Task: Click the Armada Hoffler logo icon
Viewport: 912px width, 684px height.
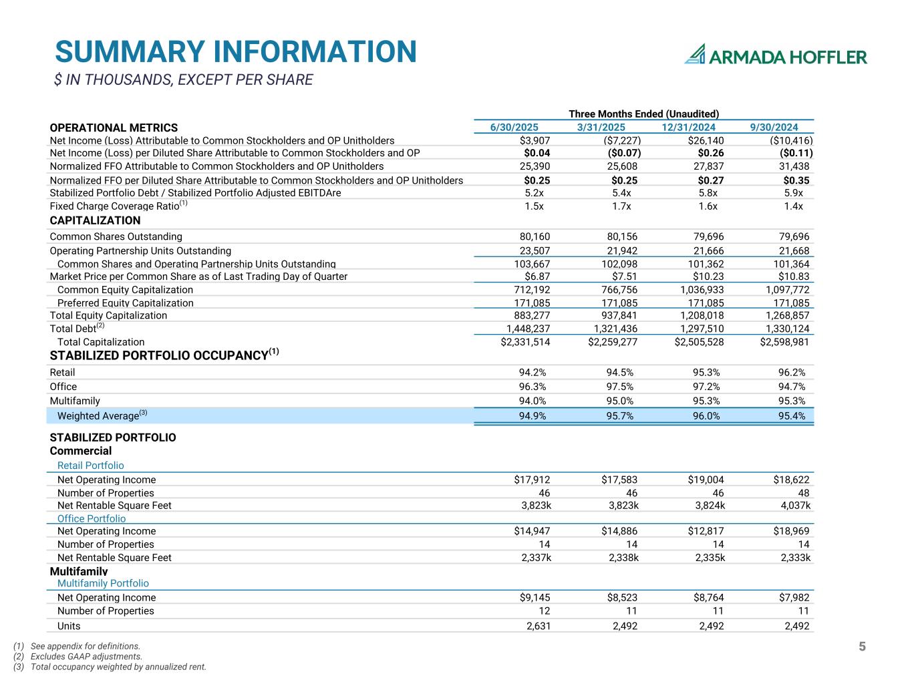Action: coord(696,54)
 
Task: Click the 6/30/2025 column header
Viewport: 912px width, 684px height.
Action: coord(514,128)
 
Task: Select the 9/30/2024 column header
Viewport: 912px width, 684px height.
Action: coord(774,128)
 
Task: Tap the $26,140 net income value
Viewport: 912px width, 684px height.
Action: coord(706,140)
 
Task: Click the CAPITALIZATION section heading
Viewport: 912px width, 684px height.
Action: coord(95,220)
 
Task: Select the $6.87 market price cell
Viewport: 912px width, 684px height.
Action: coord(537,277)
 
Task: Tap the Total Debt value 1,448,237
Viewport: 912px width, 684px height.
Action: coord(528,329)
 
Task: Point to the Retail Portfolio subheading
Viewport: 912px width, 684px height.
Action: coord(90,466)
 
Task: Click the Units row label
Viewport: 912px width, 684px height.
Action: coord(69,626)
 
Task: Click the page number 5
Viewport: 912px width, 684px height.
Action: coord(862,647)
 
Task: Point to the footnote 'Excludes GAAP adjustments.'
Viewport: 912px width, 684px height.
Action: coord(86,657)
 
